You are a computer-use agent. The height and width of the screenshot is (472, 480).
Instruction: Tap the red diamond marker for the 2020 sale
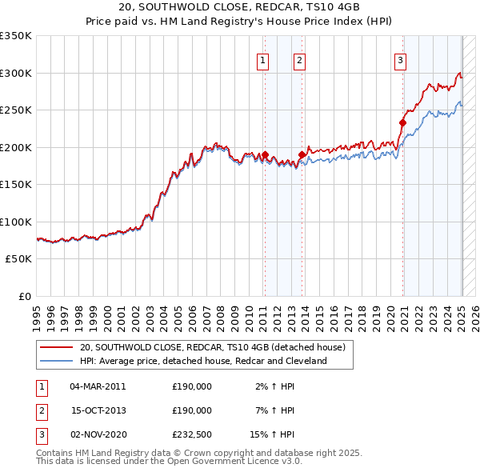[x=403, y=122]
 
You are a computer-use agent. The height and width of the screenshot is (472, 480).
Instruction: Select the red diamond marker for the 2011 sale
[x=265, y=154]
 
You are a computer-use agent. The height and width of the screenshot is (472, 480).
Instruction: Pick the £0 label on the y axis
[x=24, y=296]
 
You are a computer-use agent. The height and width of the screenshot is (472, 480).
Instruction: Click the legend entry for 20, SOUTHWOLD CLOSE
[x=212, y=348]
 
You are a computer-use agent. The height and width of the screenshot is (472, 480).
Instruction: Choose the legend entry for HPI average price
[x=203, y=362]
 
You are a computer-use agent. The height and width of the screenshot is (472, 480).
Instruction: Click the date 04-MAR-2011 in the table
[x=98, y=386]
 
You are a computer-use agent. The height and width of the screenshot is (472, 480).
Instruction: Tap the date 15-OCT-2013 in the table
[x=98, y=410]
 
